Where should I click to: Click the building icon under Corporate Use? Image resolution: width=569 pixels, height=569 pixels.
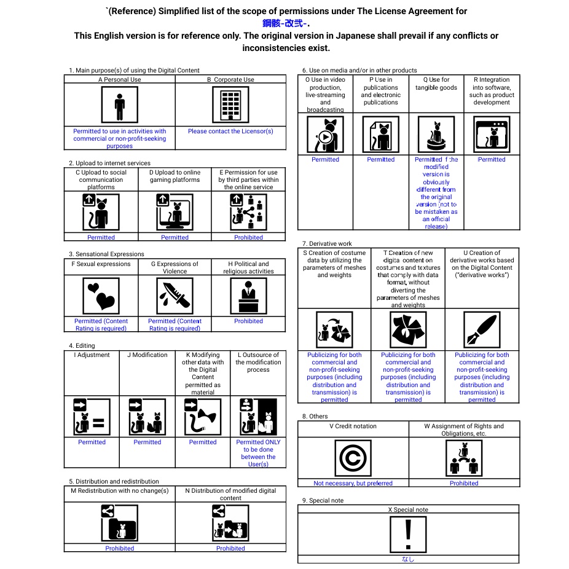[230, 105]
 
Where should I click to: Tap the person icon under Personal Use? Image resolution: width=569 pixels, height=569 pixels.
[119, 105]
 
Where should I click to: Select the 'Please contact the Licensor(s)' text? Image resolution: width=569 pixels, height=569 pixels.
[230, 131]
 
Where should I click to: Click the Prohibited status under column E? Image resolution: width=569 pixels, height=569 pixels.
[248, 237]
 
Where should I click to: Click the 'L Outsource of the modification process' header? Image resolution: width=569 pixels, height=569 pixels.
[258, 362]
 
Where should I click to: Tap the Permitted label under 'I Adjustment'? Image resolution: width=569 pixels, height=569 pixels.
[92, 442]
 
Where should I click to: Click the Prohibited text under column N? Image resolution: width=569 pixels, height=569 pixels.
[230, 548]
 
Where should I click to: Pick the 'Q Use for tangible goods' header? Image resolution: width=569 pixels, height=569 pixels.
[436, 84]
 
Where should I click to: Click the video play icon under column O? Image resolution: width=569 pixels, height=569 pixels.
[325, 135]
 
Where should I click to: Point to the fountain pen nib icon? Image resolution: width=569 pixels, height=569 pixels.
[482, 329]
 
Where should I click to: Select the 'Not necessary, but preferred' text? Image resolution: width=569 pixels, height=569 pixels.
[353, 483]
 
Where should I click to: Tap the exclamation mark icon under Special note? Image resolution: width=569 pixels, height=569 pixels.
[407, 534]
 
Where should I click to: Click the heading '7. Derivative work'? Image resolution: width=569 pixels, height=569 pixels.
[327, 244]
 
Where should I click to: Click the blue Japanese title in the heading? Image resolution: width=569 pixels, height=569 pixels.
[286, 23]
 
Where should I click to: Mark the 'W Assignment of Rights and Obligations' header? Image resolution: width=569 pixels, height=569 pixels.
[463, 430]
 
